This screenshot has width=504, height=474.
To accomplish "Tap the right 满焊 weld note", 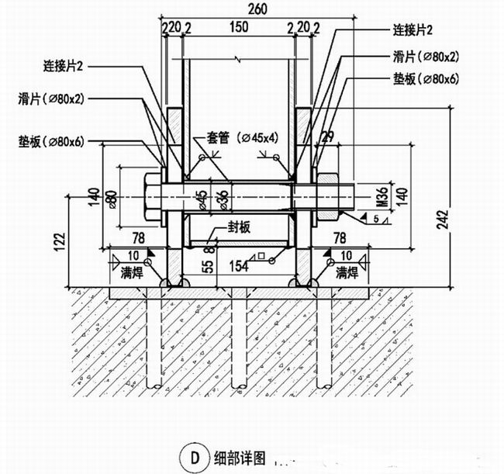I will point(346,272).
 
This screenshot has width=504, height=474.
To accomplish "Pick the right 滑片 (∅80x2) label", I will point(424,56).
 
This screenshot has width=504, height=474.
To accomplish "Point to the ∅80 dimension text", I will point(112,198).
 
